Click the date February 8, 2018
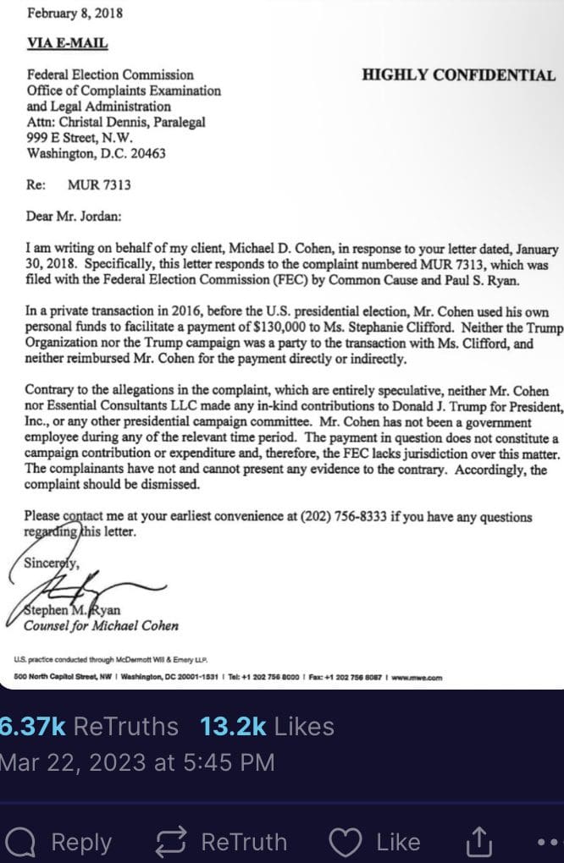76,14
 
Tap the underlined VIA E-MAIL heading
68,43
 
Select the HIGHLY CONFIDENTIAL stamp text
458,75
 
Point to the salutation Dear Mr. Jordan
74,216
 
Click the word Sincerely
53,563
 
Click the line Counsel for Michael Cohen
101,626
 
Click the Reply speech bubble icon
20,842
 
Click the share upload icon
478,842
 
